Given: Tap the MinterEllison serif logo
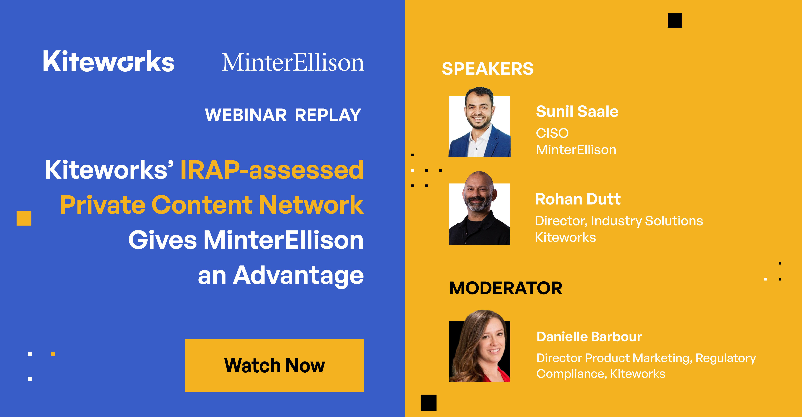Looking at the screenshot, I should (293, 63).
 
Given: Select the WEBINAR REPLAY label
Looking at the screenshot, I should (283, 115).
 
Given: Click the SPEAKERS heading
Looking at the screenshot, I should (488, 69).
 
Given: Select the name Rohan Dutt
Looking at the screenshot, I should (578, 199).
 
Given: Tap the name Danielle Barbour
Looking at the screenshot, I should (589, 337).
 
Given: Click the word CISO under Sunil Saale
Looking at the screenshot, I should (552, 133).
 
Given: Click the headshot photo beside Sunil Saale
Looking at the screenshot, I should (479, 124).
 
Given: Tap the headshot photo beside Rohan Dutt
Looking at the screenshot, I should (479, 212).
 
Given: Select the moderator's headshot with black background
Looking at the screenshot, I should (479, 349).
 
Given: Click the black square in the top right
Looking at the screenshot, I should (675, 20).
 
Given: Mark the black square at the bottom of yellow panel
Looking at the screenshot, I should (428, 402).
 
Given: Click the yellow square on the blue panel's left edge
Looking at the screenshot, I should (24, 218).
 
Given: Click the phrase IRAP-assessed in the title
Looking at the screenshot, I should (272, 170).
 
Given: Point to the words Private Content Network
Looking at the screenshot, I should (212, 205).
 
